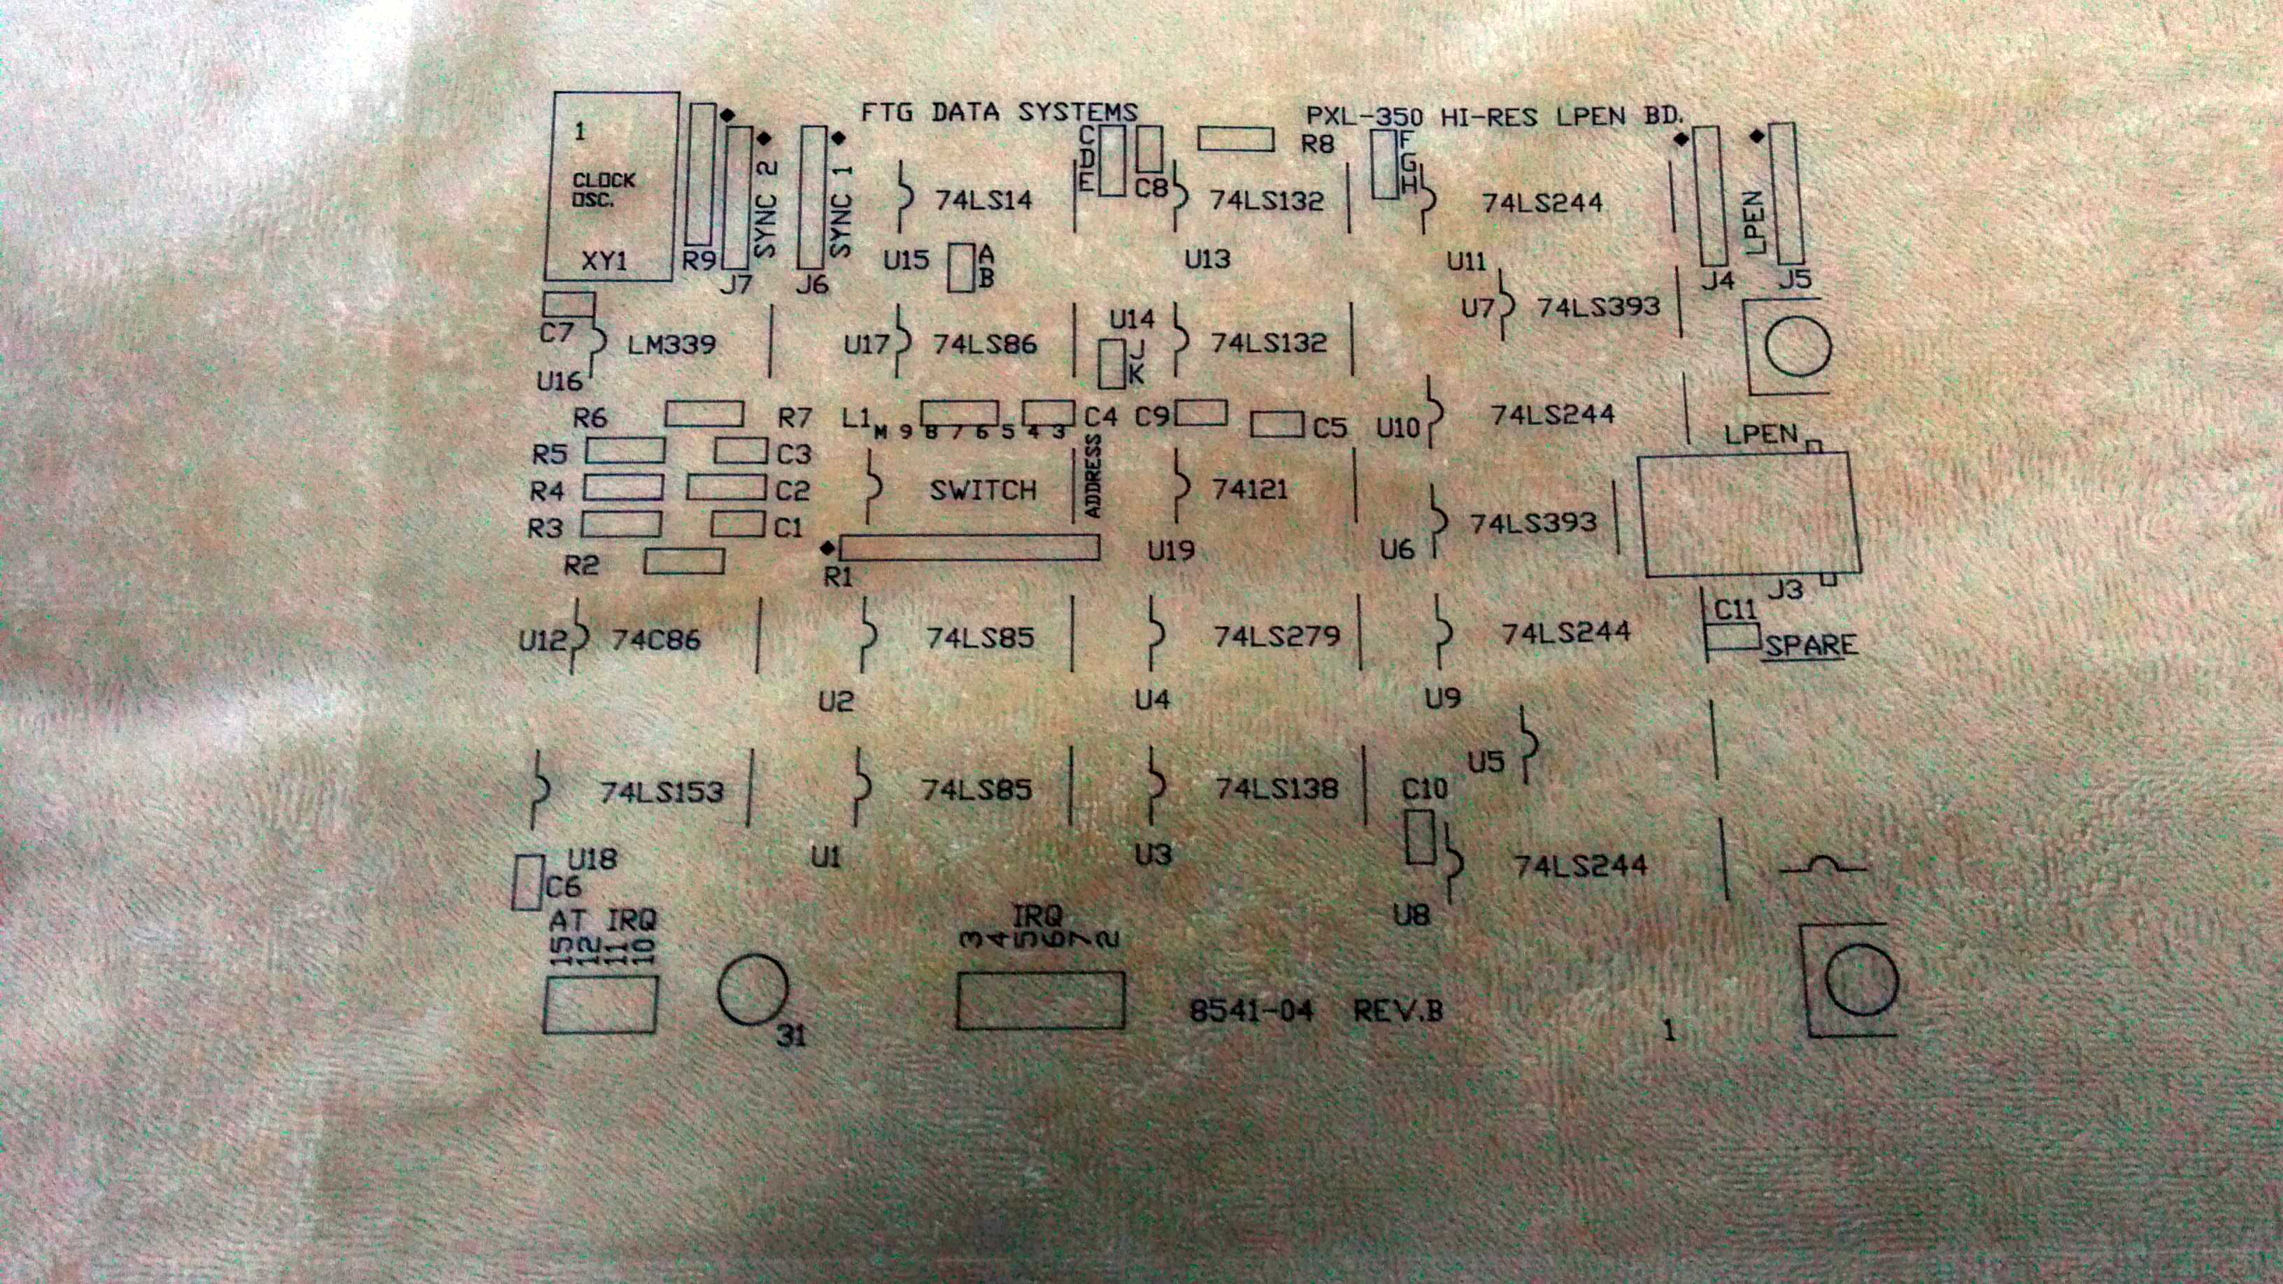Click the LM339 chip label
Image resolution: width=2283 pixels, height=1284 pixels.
pos(671,344)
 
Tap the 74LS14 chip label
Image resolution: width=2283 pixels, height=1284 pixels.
pos(983,200)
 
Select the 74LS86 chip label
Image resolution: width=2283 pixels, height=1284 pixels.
pos(985,344)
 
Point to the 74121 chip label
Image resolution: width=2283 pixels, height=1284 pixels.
pos(1250,488)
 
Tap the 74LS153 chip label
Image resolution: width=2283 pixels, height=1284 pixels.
pos(661,792)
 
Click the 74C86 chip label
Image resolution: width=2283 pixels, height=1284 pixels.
pos(656,639)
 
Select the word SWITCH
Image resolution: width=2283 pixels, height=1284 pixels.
pos(983,490)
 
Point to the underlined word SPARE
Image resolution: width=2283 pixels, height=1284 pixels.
pos(1809,645)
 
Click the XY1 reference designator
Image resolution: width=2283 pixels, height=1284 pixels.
pos(604,261)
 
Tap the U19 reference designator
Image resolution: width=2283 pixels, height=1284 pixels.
pos(1171,551)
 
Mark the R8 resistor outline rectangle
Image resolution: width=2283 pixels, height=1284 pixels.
pos(1235,139)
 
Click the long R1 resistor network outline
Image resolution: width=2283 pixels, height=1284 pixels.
pos(969,547)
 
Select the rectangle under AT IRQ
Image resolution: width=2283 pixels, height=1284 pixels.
pos(600,1004)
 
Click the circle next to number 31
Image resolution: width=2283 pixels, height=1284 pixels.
pos(753,989)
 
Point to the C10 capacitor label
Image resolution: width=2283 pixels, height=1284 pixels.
pos(1424,789)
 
